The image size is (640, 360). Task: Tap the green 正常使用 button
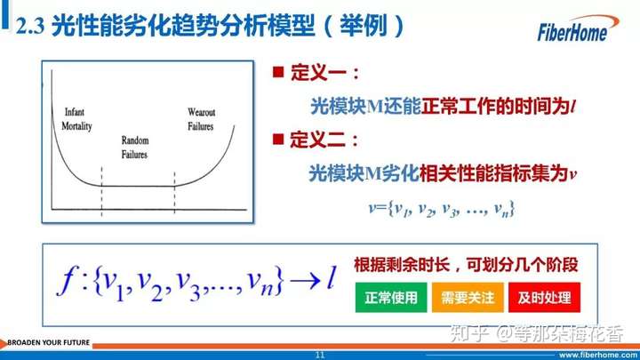tap(391, 298)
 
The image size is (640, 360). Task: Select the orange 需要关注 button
tap(468, 298)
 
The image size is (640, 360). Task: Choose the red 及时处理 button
tap(544, 298)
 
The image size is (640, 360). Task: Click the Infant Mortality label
tap(76, 119)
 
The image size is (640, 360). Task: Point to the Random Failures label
tap(135, 148)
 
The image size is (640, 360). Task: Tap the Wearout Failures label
tap(201, 119)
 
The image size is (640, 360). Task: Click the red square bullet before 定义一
tap(278, 72)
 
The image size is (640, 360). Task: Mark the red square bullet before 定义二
tap(278, 139)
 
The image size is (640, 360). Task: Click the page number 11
tap(320, 355)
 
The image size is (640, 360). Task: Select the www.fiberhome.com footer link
tap(598, 355)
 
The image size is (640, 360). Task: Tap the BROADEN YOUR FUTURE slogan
tap(48, 342)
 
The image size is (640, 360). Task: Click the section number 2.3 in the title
tap(30, 26)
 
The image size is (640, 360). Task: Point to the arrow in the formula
tap(305, 281)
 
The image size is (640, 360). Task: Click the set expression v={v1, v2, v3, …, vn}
tap(441, 209)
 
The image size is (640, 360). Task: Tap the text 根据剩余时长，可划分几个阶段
tap(466, 265)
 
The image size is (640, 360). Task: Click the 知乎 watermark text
tap(469, 334)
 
